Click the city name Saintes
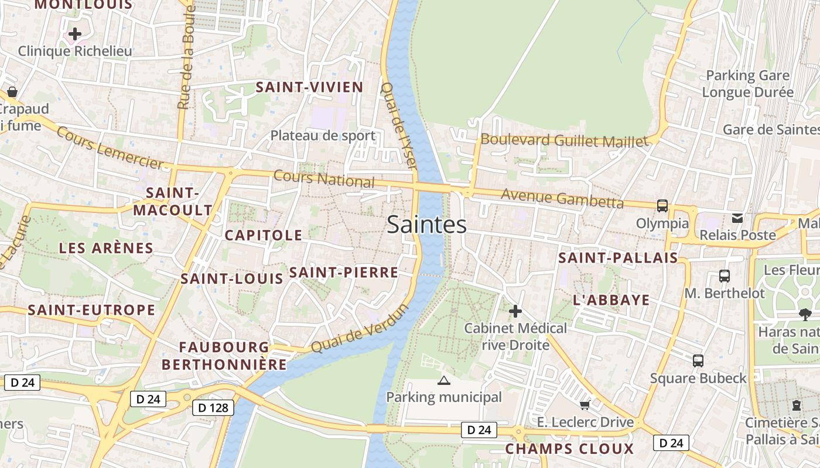pos(426,225)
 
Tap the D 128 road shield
pos(213,407)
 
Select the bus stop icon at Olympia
pos(662,206)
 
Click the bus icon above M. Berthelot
pos(725,276)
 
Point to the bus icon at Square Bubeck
pos(698,360)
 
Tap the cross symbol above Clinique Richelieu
pos(75,34)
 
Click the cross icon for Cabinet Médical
pos(515,311)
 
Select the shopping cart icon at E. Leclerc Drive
pos(585,405)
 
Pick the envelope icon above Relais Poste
pos(737,218)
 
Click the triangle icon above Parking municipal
pos(444,381)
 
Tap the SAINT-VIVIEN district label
pos(310,88)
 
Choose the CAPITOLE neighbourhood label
pos(264,236)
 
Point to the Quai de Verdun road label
pos(358,329)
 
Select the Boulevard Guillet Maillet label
pos(565,140)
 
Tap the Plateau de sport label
pos(323,136)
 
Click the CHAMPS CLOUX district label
pos(569,449)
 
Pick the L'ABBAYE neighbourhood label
pos(611,301)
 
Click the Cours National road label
pos(324,178)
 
